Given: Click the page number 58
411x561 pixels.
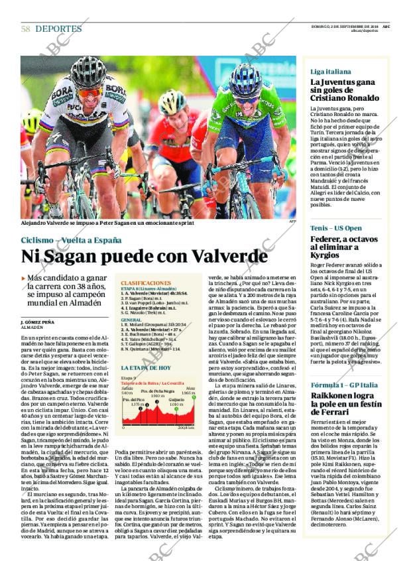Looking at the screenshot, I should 25,29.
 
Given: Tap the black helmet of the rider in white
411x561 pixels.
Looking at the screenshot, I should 88,71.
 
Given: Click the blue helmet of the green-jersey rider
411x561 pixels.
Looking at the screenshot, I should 245,78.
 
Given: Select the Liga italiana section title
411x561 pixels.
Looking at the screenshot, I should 331,71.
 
